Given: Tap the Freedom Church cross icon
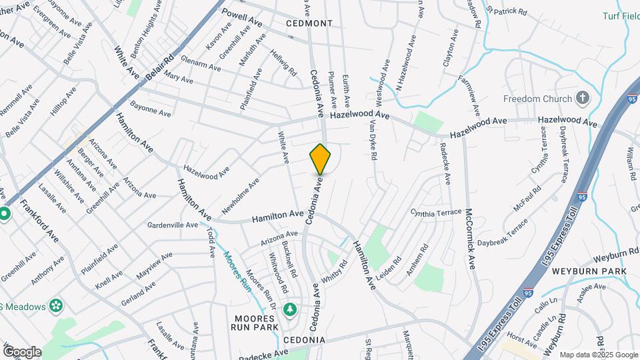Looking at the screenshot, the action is coord(583,99).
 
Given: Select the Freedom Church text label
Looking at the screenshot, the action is coord(537,99).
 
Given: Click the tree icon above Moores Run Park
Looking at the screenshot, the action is coord(289,309).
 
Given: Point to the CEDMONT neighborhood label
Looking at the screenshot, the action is coord(309,23).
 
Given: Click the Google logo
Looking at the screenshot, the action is coord(21,351).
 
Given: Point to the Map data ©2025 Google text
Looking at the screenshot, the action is coord(598,355).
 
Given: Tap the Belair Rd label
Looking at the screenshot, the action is coord(160,67).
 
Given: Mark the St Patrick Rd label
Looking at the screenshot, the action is coord(507,11).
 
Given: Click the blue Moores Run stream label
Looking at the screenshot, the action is coord(236,270).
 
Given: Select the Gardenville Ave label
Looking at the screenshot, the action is coord(173,225).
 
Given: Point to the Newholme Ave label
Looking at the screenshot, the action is coord(240,197).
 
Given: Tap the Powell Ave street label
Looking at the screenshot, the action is coord(242,18).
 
